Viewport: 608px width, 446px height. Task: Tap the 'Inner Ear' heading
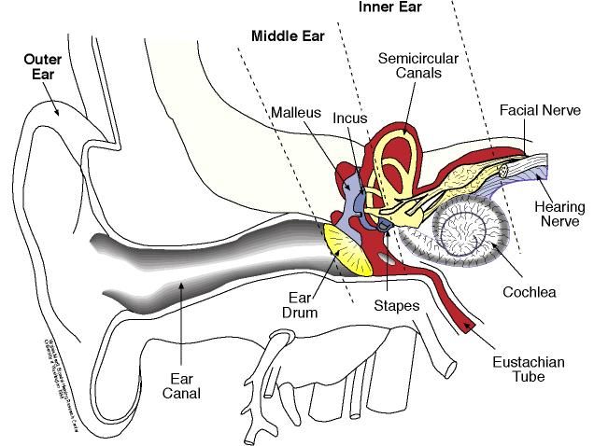(x=389, y=7)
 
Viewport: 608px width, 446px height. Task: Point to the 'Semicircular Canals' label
(x=416, y=65)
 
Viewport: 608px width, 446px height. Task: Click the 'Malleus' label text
(x=295, y=112)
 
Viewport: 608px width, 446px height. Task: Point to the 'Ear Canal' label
(x=183, y=387)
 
